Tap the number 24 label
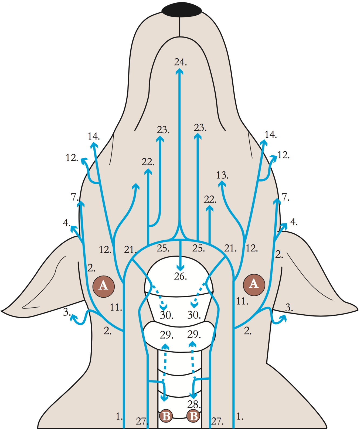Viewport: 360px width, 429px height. (180, 62)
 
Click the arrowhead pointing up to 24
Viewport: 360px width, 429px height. (179, 71)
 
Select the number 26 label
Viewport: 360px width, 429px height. (180, 277)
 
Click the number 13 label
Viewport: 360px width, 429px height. (222, 175)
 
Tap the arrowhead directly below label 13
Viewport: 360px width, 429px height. (222, 184)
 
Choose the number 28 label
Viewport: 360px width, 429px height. (194, 404)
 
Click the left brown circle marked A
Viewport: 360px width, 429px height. (104, 286)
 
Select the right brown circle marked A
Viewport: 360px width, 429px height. (254, 285)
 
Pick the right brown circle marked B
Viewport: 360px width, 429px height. (193, 416)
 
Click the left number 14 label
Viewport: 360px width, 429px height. (93, 136)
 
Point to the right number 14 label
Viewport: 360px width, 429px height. (270, 135)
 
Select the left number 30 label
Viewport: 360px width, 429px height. (166, 315)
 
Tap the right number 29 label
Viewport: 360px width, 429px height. (194, 335)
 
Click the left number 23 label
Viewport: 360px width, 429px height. (163, 130)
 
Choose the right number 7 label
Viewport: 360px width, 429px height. (286, 197)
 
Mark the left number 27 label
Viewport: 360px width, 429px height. (141, 421)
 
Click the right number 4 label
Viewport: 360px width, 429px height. (294, 222)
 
